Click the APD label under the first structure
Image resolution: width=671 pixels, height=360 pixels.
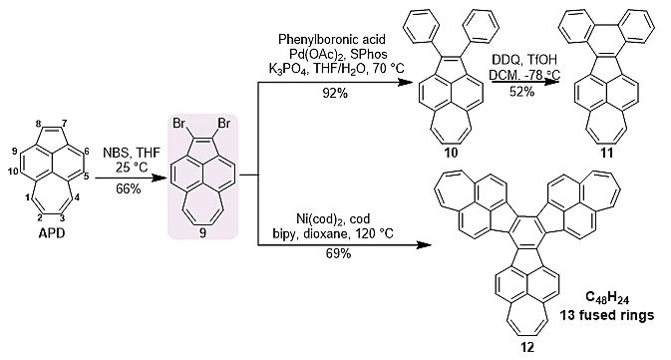click(x=52, y=233)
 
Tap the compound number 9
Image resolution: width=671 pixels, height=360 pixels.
click(x=202, y=233)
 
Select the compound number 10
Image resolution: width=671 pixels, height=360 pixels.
click(x=451, y=153)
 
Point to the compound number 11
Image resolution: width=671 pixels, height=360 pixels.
click(x=607, y=153)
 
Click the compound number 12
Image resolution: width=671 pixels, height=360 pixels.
click(x=527, y=347)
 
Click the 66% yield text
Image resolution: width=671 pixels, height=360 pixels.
click(x=129, y=188)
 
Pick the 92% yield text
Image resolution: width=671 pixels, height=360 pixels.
click(x=335, y=93)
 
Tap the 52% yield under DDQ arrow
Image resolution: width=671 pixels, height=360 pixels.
click(x=521, y=91)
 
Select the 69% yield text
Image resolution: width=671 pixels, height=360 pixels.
click(x=338, y=253)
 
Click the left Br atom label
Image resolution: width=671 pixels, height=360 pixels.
click(x=178, y=124)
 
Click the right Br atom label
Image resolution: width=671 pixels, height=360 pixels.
click(x=224, y=124)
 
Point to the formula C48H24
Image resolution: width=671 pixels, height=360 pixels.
click(x=607, y=297)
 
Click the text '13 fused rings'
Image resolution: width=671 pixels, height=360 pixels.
click(x=607, y=315)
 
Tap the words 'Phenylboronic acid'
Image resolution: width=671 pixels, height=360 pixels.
click(x=332, y=39)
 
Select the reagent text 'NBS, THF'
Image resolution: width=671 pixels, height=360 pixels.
click(x=132, y=153)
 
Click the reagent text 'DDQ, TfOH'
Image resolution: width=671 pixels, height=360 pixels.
click(x=524, y=60)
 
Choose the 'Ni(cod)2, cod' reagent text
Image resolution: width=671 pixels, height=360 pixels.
click(x=333, y=219)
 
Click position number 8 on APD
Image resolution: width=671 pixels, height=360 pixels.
click(x=38, y=124)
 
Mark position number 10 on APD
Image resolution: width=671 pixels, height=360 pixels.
click(x=12, y=172)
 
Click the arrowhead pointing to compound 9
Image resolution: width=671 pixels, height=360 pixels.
click(x=160, y=178)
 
